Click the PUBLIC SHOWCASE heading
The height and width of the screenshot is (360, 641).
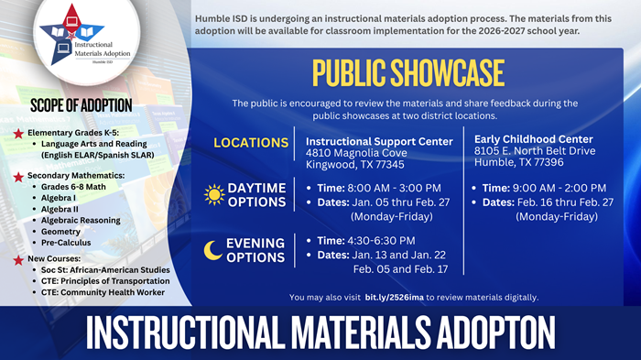407,72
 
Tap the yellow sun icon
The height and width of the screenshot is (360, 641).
213,194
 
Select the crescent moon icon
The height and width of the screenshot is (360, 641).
212,249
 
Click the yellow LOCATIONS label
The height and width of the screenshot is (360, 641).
251,143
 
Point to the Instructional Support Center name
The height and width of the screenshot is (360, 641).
379,141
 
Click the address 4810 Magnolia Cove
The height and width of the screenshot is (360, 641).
356,153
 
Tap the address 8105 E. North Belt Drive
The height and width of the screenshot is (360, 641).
535,150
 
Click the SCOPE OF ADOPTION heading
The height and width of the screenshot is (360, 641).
81,104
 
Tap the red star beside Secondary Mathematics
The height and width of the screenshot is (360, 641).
18,175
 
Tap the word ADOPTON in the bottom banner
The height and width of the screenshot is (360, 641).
473,329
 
